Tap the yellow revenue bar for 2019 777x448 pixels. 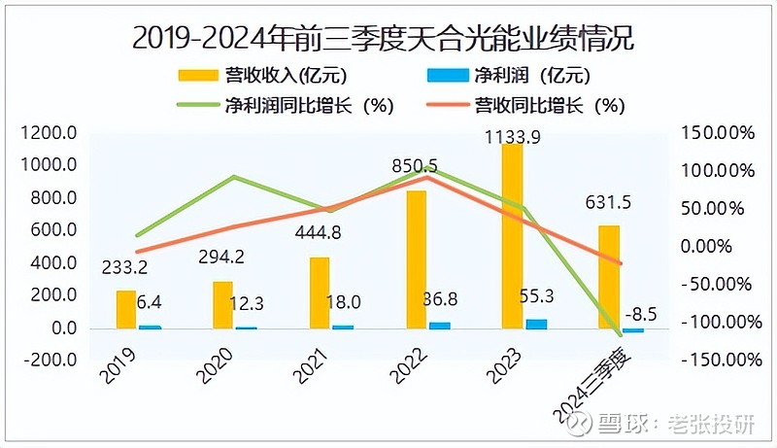(x=126, y=309)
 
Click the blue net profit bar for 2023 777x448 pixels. (x=536, y=324)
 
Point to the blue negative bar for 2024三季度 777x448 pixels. (x=633, y=330)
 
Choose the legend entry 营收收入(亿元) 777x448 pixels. (x=262, y=75)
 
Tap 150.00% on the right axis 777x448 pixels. (x=720, y=133)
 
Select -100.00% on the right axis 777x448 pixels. (x=718, y=322)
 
